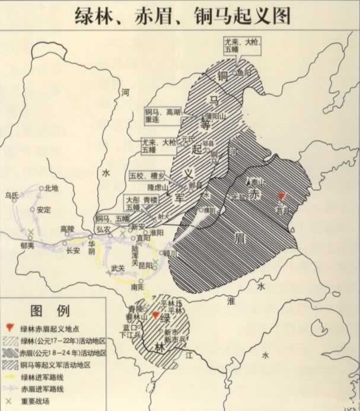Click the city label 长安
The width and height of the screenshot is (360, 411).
(x=73, y=250)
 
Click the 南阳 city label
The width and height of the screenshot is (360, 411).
(x=138, y=286)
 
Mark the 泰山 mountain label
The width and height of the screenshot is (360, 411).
(x=256, y=184)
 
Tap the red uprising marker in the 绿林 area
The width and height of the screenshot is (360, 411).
(x=156, y=316)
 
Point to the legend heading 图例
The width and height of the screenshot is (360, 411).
(x=50, y=311)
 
